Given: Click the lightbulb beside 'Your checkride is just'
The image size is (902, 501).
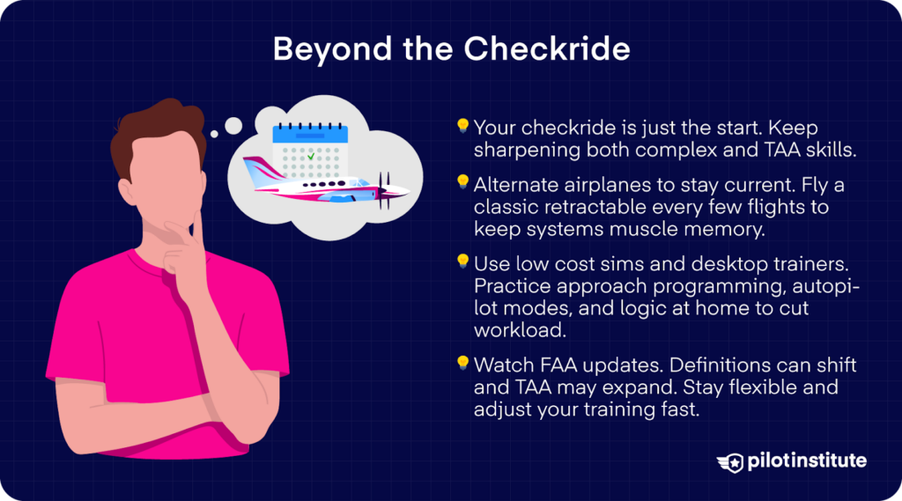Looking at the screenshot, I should click(x=462, y=127).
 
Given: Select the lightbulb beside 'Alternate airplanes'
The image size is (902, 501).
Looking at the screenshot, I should click(x=462, y=183).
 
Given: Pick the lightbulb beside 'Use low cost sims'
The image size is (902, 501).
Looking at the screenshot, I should click(x=462, y=261).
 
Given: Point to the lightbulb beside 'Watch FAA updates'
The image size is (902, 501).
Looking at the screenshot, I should click(x=462, y=362).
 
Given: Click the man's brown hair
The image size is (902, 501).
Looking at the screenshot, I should click(x=163, y=132).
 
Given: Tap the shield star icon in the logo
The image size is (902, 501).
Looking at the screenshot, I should click(x=730, y=462).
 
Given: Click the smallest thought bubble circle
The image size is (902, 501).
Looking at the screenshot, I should click(x=214, y=139).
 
